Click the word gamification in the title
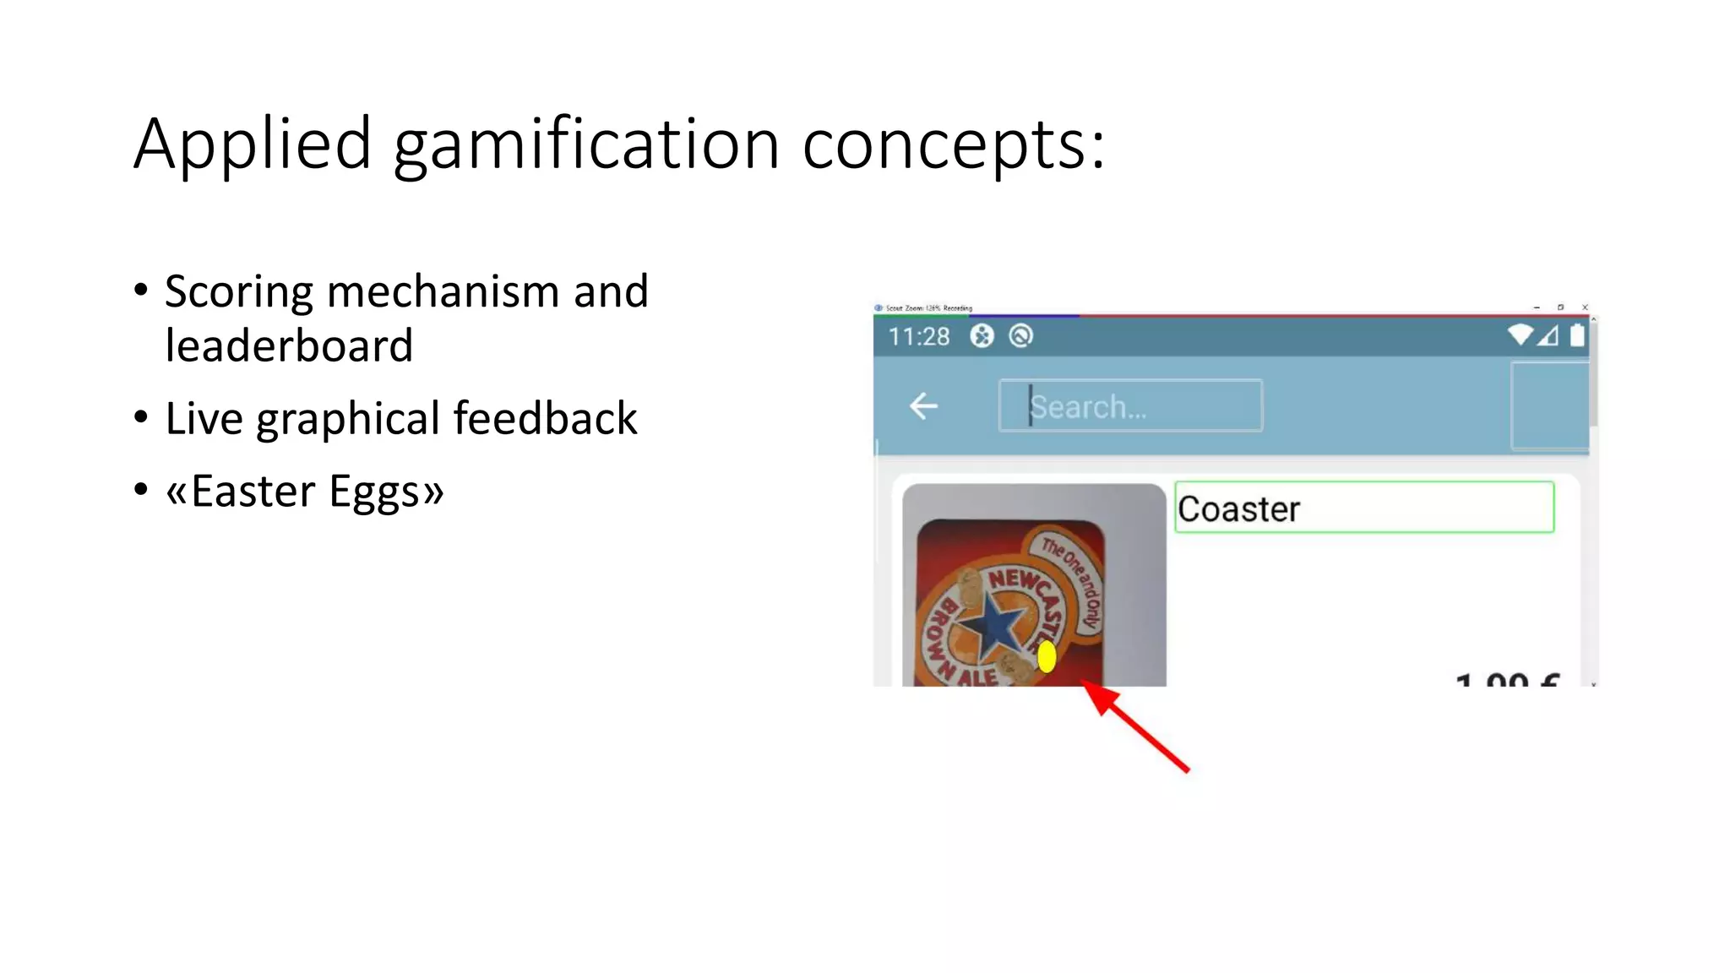coord(586,145)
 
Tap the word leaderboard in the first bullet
coord(289,346)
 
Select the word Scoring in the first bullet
coord(239,292)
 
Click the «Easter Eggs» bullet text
coord(304,492)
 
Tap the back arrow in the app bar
coord(923,406)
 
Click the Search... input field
coord(1130,406)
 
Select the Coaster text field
coord(1363,508)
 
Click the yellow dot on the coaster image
coord(1047,656)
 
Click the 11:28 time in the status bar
coord(918,337)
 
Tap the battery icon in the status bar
coord(1576,336)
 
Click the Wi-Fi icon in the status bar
coord(1520,335)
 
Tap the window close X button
coord(1585,307)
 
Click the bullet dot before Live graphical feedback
coord(141,417)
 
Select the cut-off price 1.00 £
coord(1507,679)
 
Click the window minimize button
coord(1537,307)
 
